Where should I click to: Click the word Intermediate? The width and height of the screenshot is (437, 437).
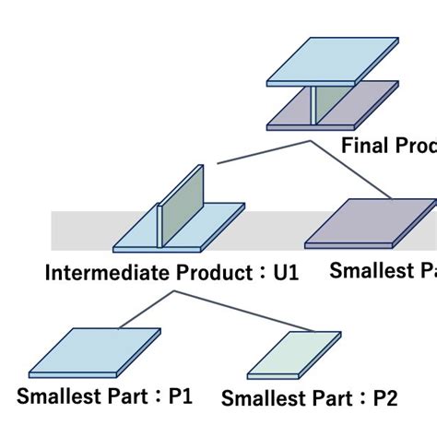(x=97, y=274)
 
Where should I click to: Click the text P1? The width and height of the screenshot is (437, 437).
(x=180, y=396)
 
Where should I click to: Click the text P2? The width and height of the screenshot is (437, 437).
(x=385, y=398)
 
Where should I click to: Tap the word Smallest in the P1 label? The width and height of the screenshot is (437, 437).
(x=56, y=396)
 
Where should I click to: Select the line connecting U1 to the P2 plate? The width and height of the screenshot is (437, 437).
(x=242, y=311)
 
